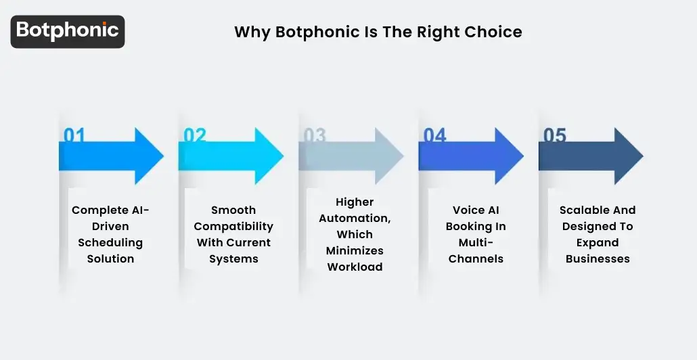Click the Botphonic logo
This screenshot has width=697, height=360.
68,31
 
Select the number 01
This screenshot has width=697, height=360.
74,135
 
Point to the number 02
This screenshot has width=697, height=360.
194,135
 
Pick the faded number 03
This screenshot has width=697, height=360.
315,135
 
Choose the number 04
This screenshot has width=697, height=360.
434,135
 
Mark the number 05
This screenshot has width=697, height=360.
554,135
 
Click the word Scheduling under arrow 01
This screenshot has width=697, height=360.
110,242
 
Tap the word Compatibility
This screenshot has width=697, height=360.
234,226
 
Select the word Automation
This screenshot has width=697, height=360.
355,218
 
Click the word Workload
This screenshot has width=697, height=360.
355,267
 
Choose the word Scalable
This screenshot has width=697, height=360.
584,210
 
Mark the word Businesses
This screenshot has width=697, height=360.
598,258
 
